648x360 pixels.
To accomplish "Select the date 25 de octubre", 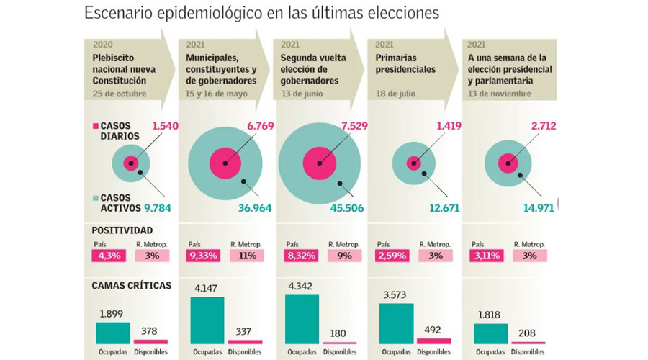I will [120, 94].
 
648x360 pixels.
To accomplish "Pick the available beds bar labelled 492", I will [433, 341].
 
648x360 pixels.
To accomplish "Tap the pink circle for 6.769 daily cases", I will [225, 163].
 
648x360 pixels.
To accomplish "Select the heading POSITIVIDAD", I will [122, 230].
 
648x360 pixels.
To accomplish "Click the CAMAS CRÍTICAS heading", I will [132, 285].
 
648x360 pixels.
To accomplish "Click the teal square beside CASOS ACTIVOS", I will [96, 197].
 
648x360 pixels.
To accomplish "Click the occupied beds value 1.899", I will [112, 315].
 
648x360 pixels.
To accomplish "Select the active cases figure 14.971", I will [536, 209].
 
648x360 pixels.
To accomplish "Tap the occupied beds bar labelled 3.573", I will [396, 323].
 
